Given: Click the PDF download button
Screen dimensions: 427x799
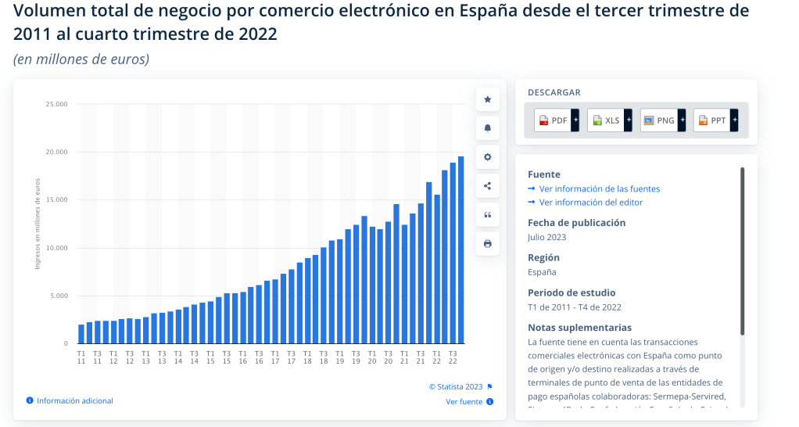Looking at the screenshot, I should [x=557, y=120].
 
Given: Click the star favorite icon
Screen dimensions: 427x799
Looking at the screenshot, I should [x=488, y=99].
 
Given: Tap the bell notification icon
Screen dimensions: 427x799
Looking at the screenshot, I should [x=488, y=128].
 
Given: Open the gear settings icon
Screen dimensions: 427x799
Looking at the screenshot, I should [x=488, y=157].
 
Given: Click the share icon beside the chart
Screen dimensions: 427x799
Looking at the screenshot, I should [x=488, y=186].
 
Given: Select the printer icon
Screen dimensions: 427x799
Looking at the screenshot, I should [x=488, y=244].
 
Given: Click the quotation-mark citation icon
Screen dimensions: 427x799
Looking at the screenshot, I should [x=488, y=215].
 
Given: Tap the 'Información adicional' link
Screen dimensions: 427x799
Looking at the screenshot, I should [x=74, y=401].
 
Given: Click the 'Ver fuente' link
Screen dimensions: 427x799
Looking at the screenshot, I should [x=464, y=402].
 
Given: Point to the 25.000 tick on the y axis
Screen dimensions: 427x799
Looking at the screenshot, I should [x=57, y=104].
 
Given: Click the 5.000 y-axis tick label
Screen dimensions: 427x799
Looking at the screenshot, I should [x=59, y=296].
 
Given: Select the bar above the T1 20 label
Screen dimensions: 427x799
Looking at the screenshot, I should [x=372, y=285].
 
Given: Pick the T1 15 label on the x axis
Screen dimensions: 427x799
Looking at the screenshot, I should [x=210, y=357].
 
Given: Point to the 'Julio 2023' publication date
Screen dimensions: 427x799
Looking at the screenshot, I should [x=547, y=237].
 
